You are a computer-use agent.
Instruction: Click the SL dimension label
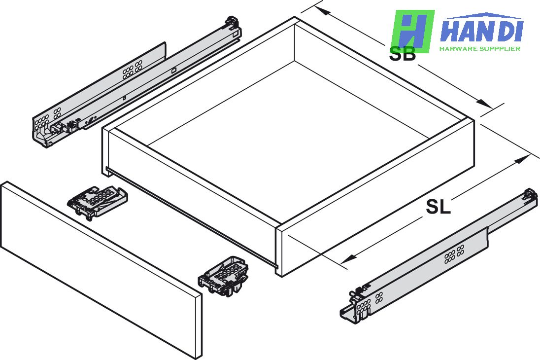(x=438, y=207)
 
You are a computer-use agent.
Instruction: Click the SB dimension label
(x=402, y=54)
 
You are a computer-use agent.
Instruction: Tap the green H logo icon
(x=412, y=31)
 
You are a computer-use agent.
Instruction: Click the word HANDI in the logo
(x=481, y=31)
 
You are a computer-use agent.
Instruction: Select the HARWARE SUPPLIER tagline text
(x=480, y=49)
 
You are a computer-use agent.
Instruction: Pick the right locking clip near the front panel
(x=224, y=276)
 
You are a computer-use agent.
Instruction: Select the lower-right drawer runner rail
(x=439, y=256)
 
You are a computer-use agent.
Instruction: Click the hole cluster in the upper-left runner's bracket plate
(x=132, y=70)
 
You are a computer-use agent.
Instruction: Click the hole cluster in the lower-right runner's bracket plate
(x=454, y=253)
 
